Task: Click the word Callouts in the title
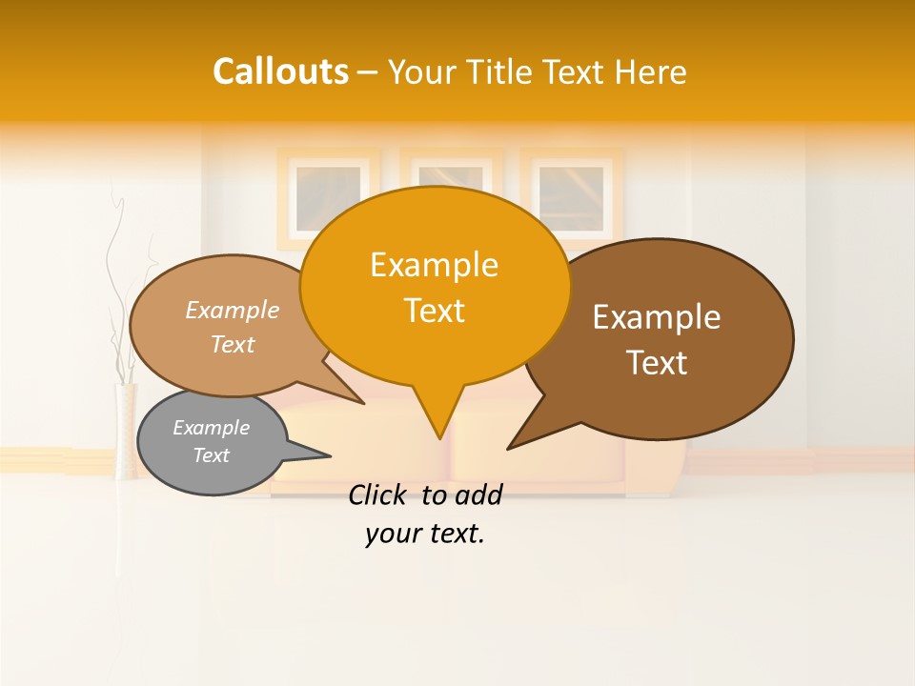(x=280, y=71)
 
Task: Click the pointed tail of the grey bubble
(x=315, y=454)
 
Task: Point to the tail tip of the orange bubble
(x=439, y=434)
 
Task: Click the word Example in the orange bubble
(x=434, y=265)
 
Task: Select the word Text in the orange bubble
(x=434, y=311)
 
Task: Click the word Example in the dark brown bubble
(x=657, y=317)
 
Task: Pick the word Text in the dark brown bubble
(x=657, y=363)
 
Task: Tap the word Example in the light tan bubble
(x=233, y=310)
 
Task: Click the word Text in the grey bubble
(x=211, y=455)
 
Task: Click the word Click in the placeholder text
(x=380, y=494)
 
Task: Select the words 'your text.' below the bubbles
(x=425, y=535)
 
